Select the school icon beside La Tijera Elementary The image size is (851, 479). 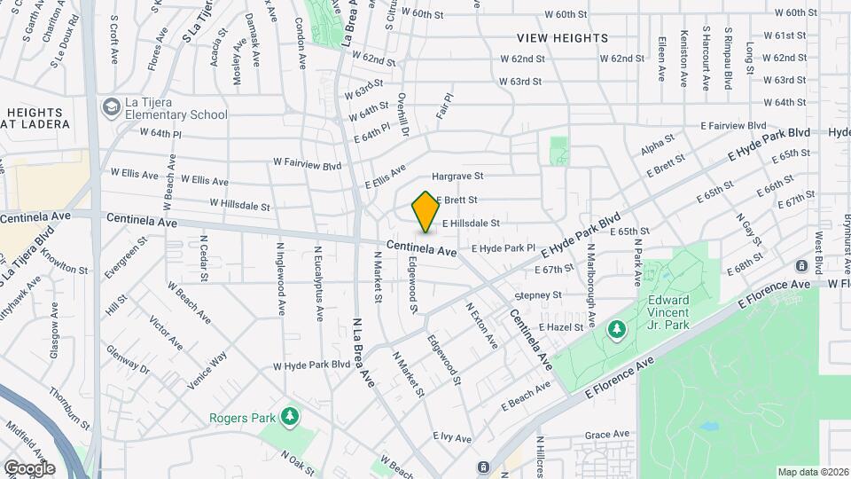[x=111, y=107]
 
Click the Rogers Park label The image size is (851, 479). [x=239, y=418]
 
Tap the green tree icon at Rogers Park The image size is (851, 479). [x=288, y=416]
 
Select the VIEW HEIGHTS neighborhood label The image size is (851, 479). [x=564, y=38]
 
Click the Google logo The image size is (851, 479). [x=29, y=467]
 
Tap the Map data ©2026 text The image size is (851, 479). [x=811, y=472]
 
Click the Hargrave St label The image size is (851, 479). [x=457, y=177]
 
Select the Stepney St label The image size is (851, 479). [x=538, y=294]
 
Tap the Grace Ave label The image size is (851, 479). [x=606, y=435]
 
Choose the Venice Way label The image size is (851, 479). [x=207, y=370]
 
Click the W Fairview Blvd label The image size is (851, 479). [x=307, y=164]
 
